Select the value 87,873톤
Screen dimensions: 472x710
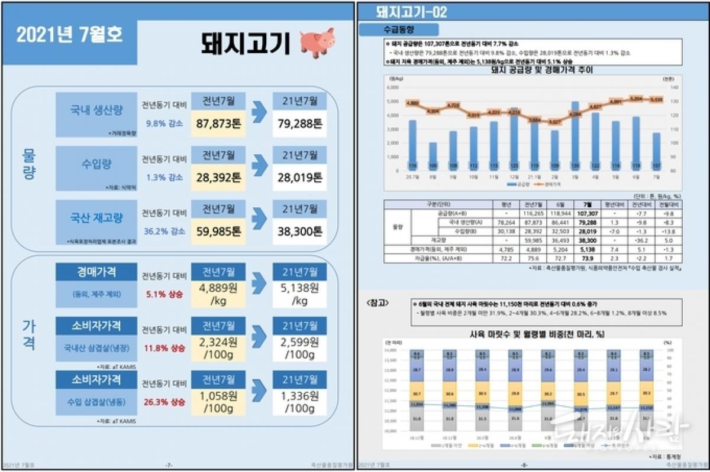[218, 125]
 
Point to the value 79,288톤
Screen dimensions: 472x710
[300, 125]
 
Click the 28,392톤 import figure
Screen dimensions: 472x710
[218, 177]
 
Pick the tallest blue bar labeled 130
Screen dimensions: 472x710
[574, 136]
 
